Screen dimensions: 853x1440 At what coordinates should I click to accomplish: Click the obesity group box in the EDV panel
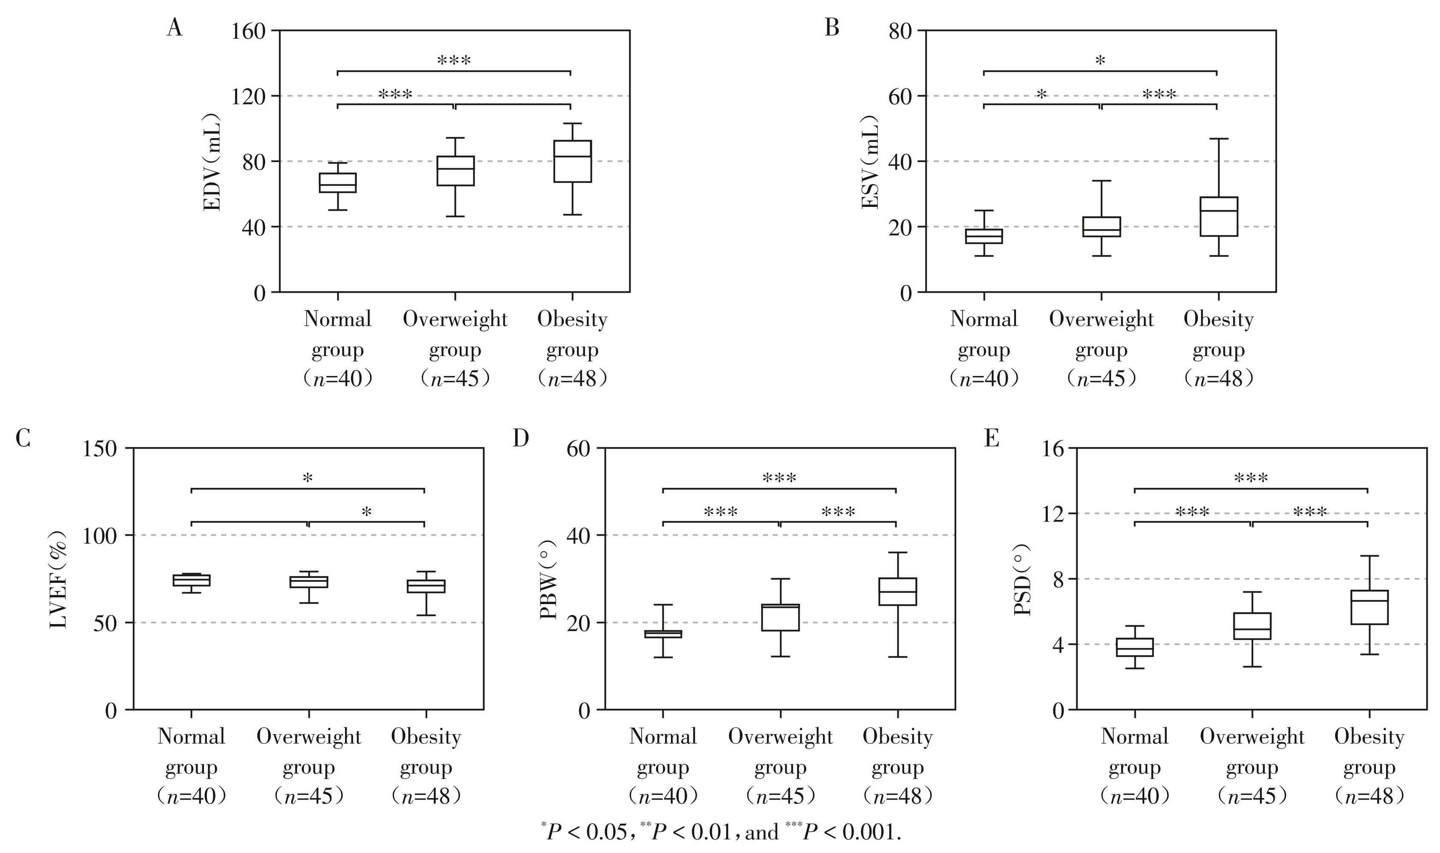coord(572,161)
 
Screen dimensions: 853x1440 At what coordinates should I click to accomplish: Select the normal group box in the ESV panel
coord(984,236)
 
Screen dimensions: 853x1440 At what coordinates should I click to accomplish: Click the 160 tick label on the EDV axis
coord(248,31)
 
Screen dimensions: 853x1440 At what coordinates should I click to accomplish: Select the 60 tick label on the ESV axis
coord(900,96)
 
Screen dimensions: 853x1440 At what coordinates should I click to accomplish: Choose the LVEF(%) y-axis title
coord(59,579)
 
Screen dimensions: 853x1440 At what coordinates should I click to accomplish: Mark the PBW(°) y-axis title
coord(549,579)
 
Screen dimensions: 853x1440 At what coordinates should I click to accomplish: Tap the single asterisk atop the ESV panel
coord(1100,60)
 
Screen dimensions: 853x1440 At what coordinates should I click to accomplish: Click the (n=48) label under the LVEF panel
coord(425,796)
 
